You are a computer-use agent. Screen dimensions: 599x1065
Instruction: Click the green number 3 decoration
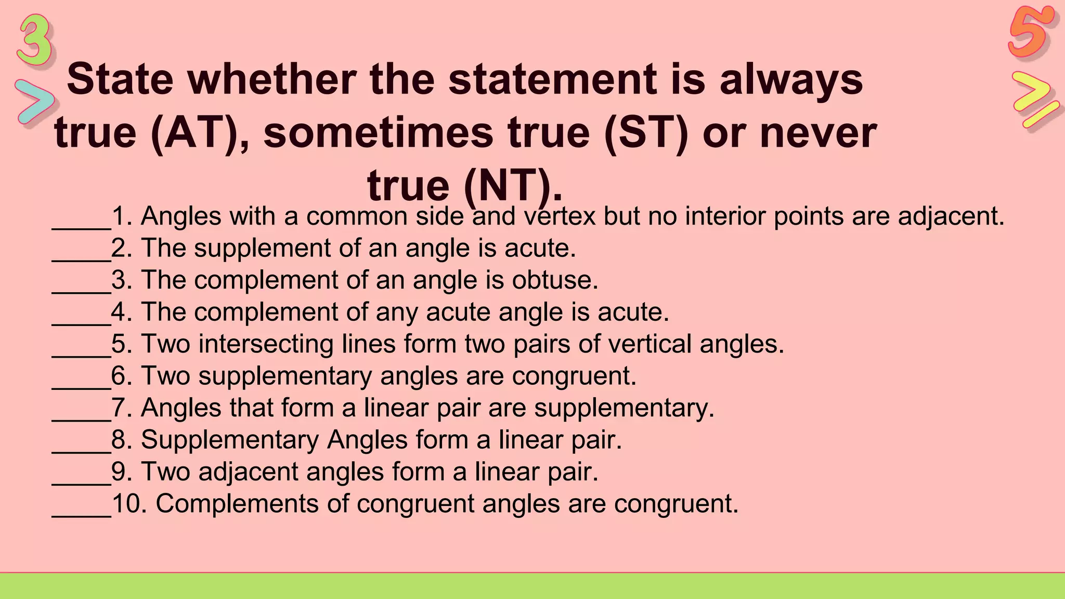35,41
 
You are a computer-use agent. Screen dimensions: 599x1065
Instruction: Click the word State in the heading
120,80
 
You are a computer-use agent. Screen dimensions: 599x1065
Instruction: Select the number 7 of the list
119,408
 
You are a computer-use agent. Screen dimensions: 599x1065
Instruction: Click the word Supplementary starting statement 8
229,440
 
